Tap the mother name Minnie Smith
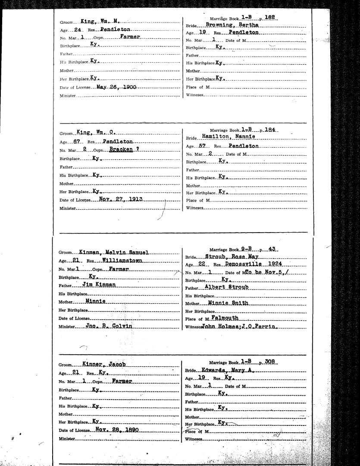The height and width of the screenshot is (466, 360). pos(228,303)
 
